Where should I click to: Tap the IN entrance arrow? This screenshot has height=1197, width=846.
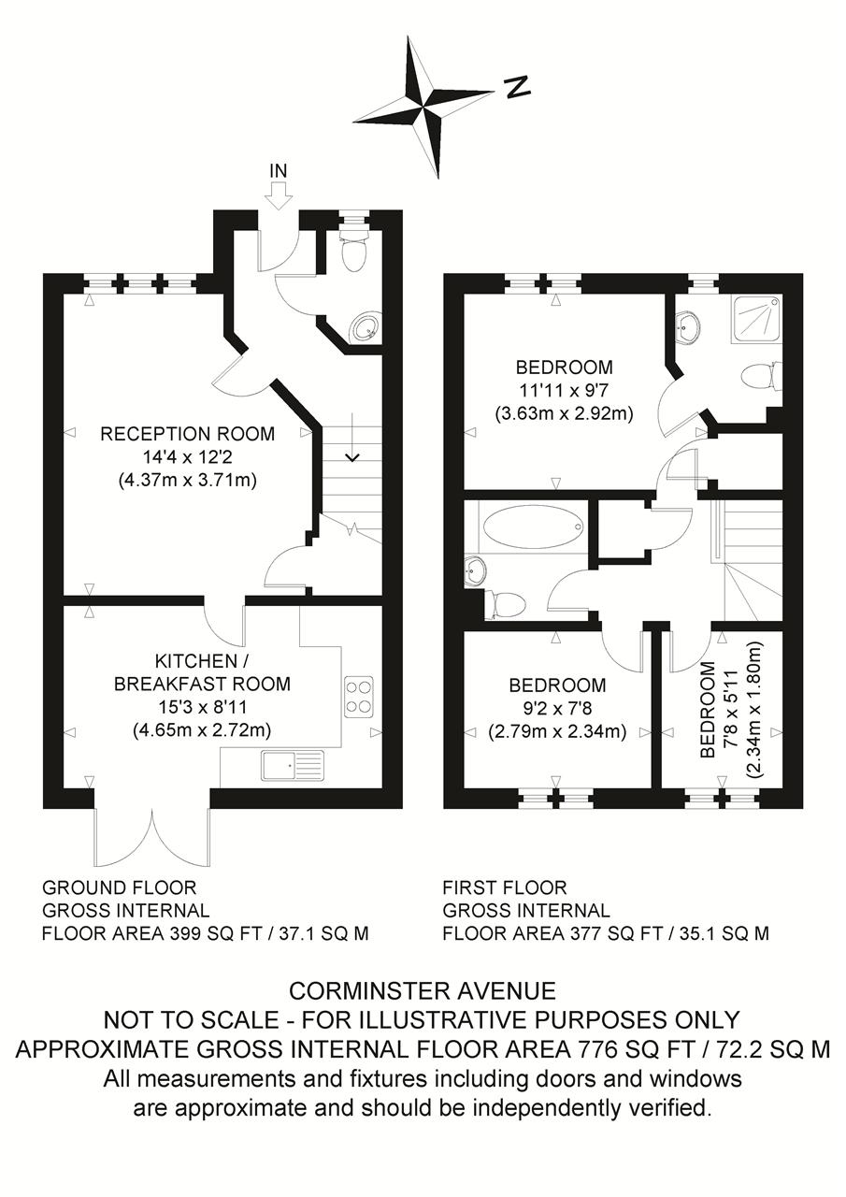coord(279,195)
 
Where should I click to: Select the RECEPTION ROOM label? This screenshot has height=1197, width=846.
coord(188,433)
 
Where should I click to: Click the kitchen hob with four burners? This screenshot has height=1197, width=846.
coord(358,697)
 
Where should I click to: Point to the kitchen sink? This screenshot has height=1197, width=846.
coord(293,765)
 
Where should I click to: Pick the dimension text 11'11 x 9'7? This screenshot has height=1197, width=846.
coord(564,391)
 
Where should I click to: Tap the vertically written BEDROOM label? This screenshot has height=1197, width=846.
coord(708,709)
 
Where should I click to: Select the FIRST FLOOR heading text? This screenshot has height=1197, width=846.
coord(504,888)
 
